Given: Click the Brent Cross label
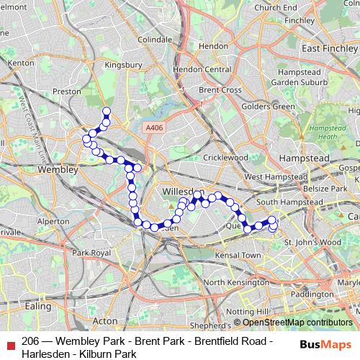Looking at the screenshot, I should pos(220,90).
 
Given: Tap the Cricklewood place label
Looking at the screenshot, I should pos(225,157).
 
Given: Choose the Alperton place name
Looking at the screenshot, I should pos(53,221).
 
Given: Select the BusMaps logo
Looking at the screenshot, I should pos(325,344).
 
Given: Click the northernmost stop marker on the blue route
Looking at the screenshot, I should pos(107,111).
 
